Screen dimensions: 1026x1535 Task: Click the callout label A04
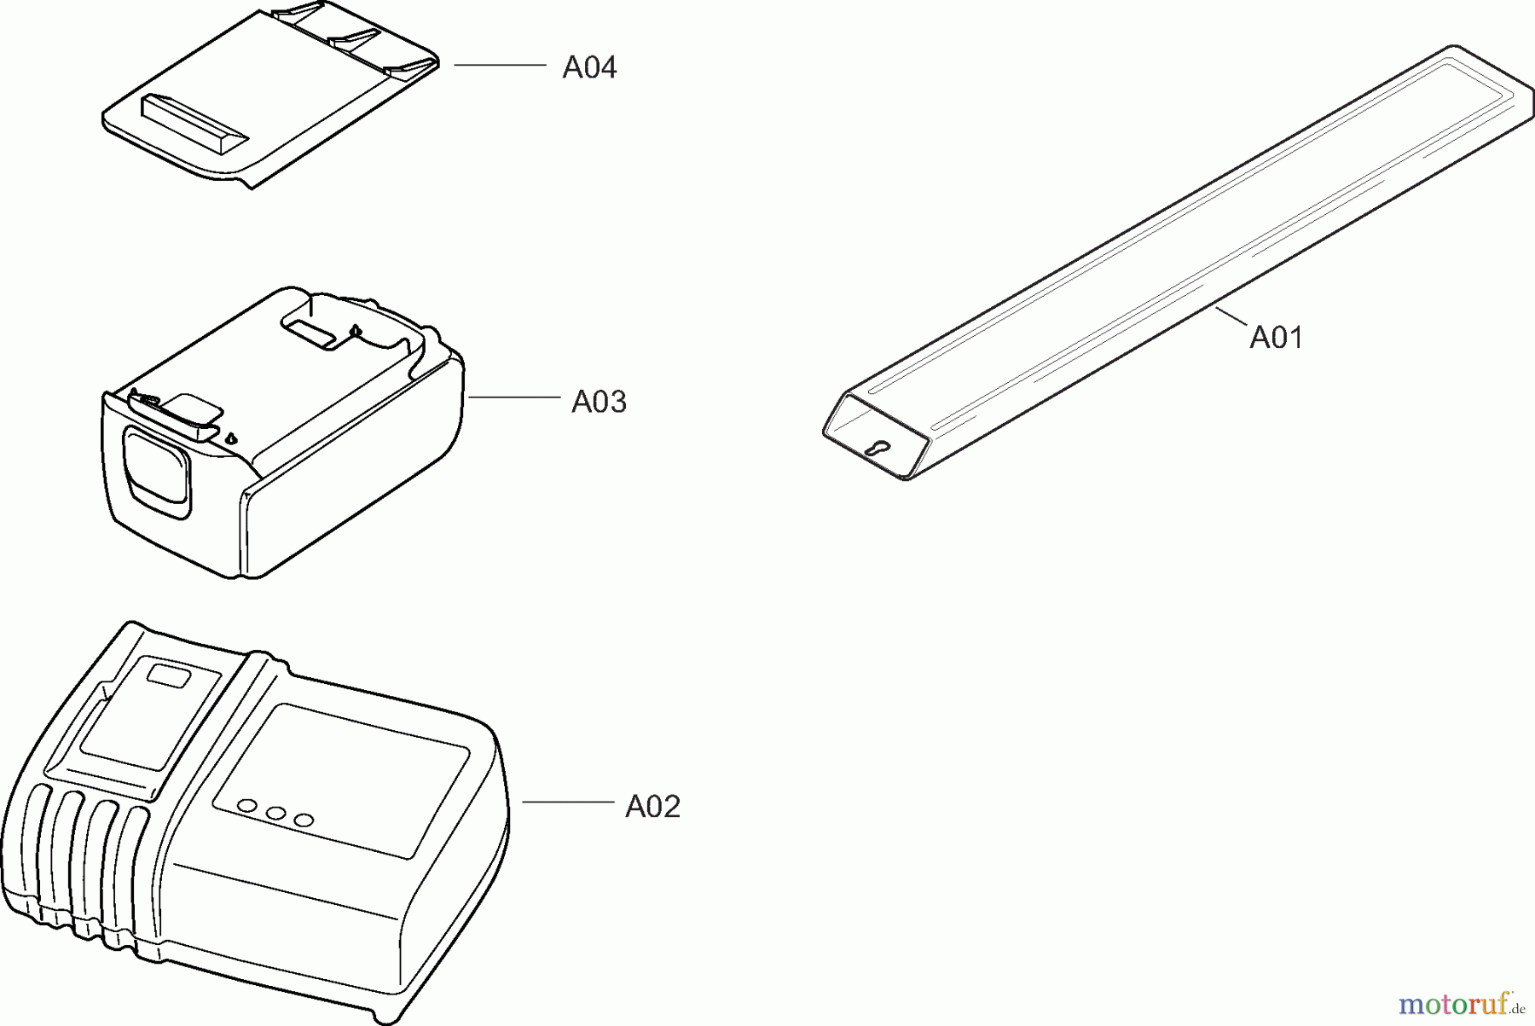589,67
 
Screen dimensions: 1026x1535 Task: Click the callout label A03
599,402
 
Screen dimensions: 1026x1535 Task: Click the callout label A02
652,807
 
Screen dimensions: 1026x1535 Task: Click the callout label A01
1276,338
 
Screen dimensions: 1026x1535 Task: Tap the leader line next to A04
500,65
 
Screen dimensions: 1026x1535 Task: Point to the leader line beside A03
514,397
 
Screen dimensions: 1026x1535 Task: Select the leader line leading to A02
567,802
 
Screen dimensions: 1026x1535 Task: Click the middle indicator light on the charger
275,813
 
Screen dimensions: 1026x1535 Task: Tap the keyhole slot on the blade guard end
875,448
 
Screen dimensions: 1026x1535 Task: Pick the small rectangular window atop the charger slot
170,676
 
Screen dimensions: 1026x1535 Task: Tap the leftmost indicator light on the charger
247,806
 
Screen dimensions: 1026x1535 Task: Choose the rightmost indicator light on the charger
304,820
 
